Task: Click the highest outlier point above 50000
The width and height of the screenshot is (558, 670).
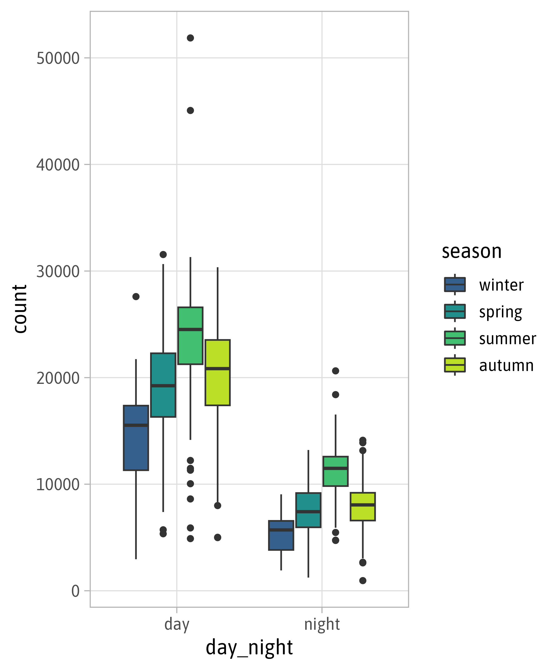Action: click(x=190, y=38)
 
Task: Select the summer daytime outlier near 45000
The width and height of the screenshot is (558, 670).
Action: click(x=190, y=111)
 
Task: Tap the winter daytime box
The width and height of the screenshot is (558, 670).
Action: click(x=136, y=438)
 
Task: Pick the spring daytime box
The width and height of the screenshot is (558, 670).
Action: click(x=163, y=385)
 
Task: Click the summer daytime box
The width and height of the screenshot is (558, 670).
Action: click(x=190, y=336)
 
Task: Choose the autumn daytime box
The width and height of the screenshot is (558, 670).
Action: click(x=217, y=373)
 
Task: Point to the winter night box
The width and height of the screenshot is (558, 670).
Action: click(x=281, y=535)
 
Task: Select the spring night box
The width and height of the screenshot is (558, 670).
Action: click(x=308, y=510)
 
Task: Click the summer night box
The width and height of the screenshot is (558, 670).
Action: click(x=335, y=471)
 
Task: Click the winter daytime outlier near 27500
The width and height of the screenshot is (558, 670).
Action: click(x=136, y=297)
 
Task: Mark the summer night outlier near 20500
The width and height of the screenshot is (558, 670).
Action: click(x=335, y=371)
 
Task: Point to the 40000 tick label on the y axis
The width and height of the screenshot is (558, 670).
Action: click(x=58, y=165)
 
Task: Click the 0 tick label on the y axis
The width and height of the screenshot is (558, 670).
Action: click(x=75, y=591)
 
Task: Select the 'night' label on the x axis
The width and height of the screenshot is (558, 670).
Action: click(x=322, y=624)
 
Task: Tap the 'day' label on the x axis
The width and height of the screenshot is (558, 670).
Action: click(x=177, y=624)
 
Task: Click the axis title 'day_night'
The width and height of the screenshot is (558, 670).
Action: click(x=249, y=648)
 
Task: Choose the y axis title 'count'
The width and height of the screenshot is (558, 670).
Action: click(x=20, y=309)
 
